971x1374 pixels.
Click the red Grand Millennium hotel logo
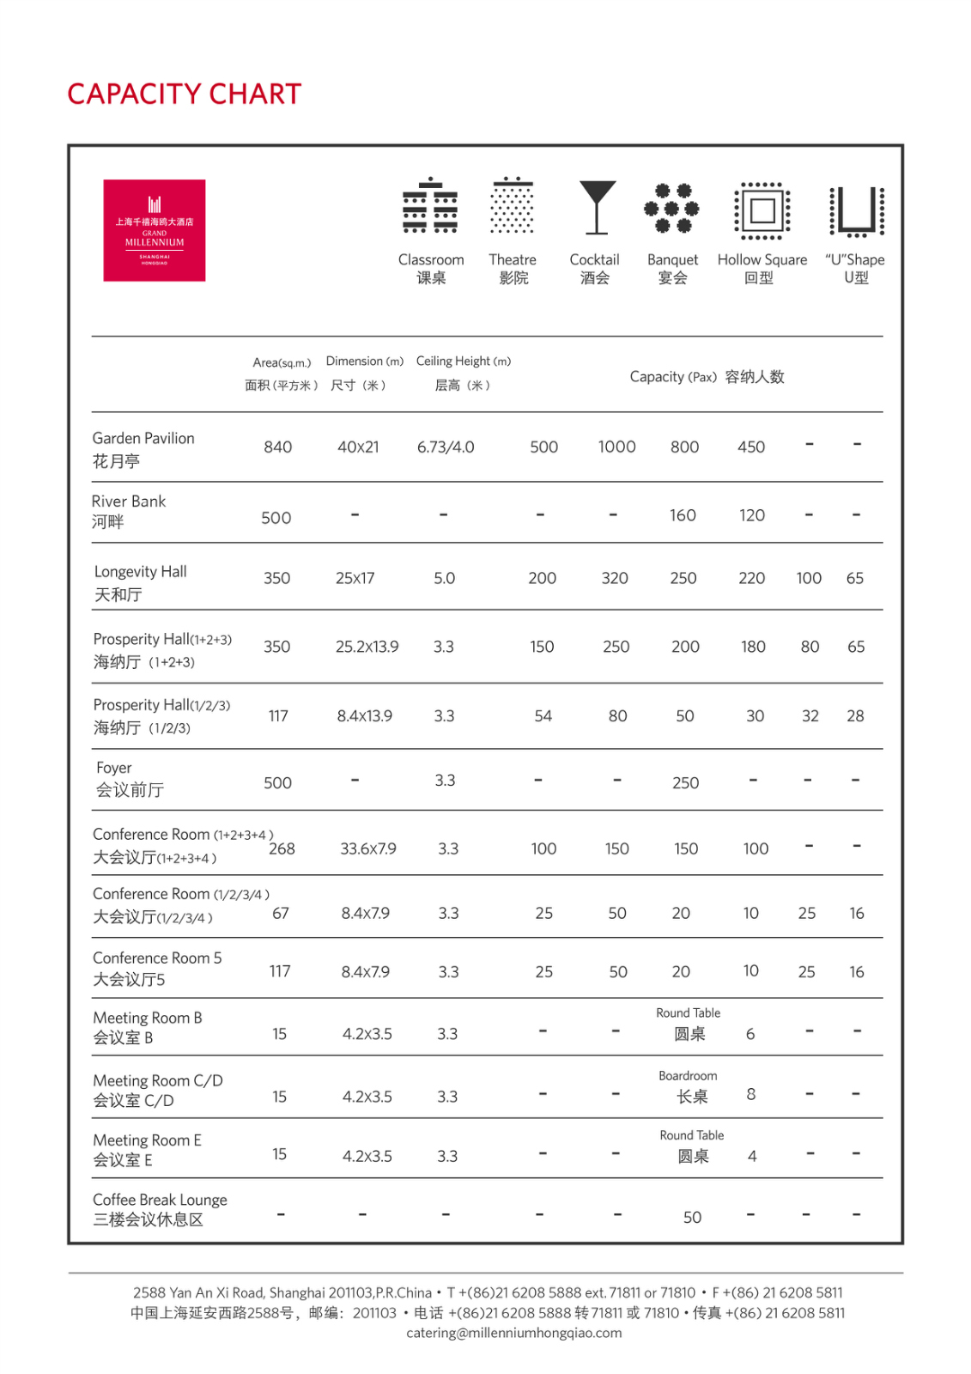[x=155, y=230]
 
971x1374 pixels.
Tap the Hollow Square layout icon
[x=762, y=210]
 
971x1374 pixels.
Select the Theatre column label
[x=513, y=259]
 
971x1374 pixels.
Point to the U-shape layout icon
[x=856, y=210]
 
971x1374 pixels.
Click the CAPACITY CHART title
[x=185, y=94]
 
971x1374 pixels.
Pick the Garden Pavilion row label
[x=143, y=449]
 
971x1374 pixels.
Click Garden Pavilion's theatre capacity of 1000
[x=616, y=447]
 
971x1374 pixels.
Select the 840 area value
[x=278, y=447]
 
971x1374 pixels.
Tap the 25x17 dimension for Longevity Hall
[x=355, y=578]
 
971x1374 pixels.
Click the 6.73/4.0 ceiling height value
[x=446, y=447]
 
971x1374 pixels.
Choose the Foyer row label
[x=129, y=779]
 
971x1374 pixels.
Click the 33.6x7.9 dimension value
[x=368, y=848]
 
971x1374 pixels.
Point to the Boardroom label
[x=688, y=1075]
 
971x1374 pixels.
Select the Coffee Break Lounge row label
[x=160, y=1209]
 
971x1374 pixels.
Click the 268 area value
[x=282, y=848]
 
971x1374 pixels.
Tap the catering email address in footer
[x=513, y=1333]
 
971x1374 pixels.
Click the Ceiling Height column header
[x=463, y=362]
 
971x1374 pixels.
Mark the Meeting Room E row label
[x=147, y=1150]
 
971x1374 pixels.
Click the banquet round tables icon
[x=672, y=208]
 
